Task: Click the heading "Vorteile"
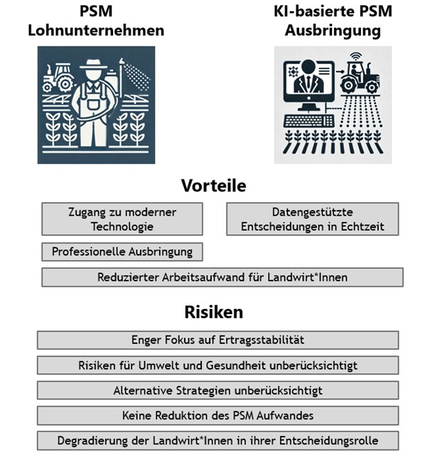point(213,186)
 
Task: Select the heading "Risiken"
point(213,312)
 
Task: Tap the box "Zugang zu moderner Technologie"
point(122,219)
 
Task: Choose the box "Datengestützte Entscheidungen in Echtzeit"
point(312,219)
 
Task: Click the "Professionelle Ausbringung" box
point(122,252)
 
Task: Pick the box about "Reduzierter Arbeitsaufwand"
point(222,277)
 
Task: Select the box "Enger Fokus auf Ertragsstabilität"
point(217,340)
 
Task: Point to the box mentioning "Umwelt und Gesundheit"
point(217,365)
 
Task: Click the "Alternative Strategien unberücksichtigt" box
point(217,390)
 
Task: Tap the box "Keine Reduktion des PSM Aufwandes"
point(217,415)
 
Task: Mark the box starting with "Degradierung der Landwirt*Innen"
point(217,440)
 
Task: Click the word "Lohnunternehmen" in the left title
point(96,31)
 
